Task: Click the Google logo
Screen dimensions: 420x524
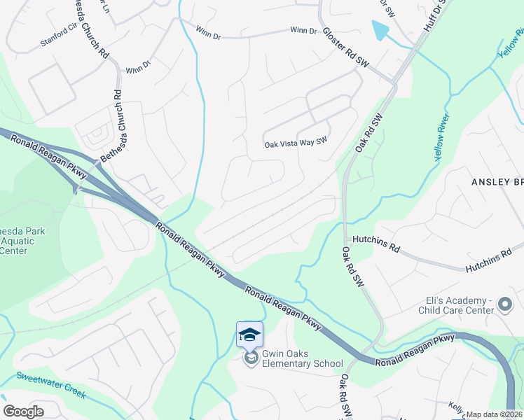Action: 23,412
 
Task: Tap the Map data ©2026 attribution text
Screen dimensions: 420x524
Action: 495,414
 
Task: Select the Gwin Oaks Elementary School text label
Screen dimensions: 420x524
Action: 302,358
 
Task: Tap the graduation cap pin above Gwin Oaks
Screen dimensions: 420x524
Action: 249,334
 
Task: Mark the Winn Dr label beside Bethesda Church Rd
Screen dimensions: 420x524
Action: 138,67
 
